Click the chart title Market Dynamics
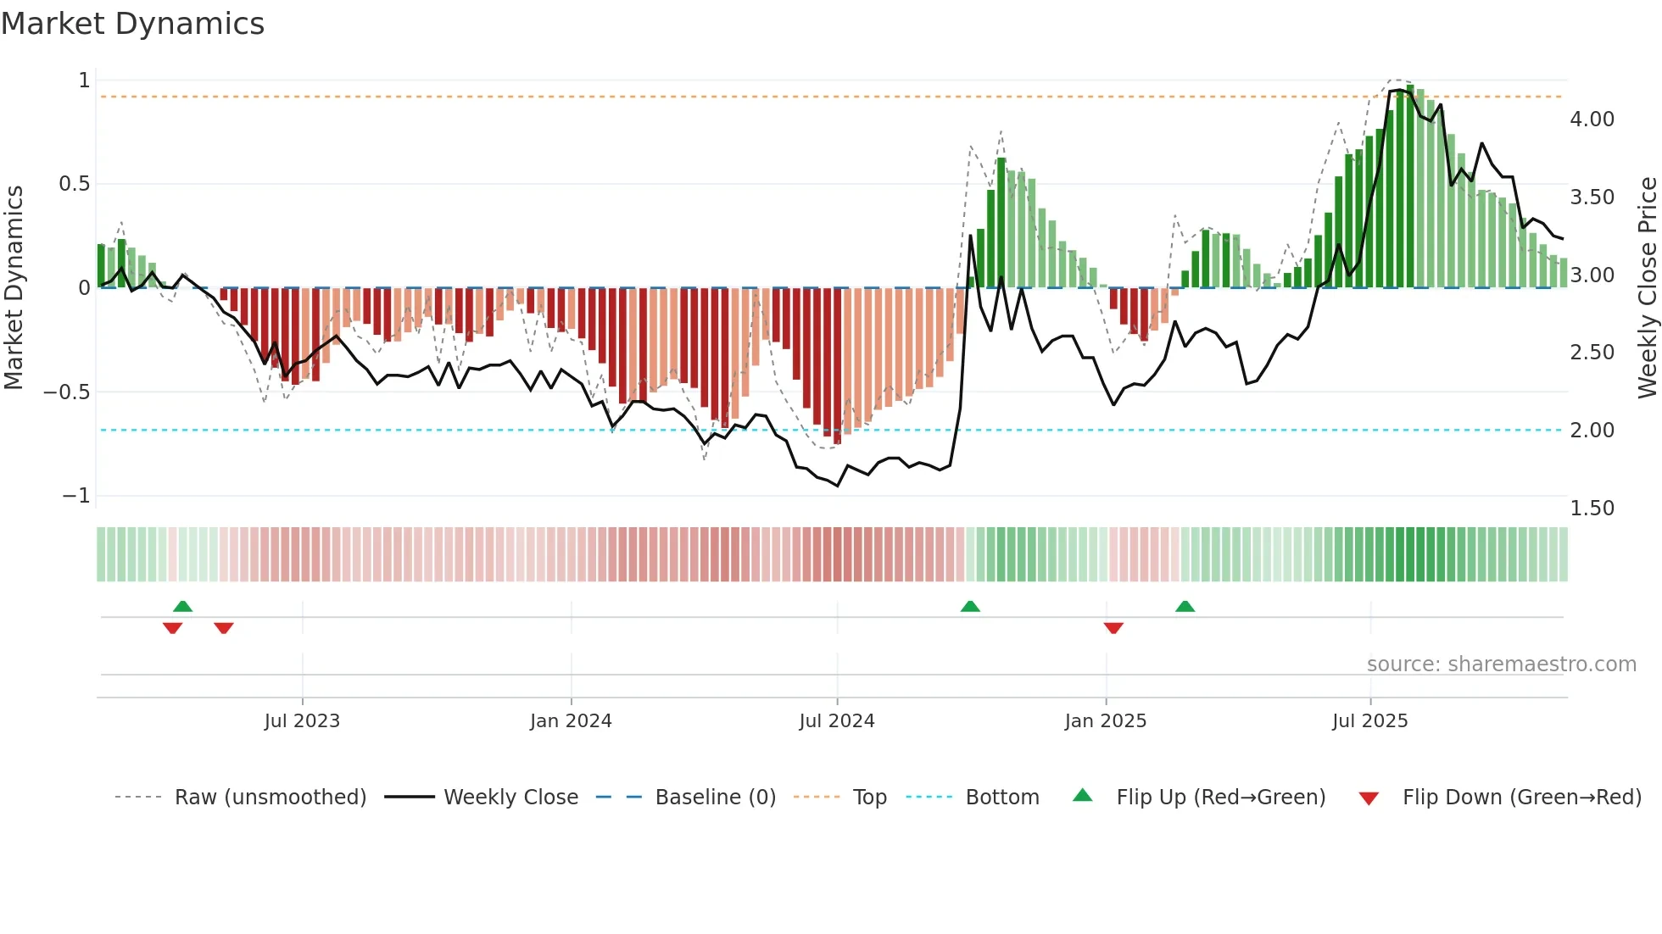[x=133, y=24]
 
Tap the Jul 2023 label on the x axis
[x=302, y=721]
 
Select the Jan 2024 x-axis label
[x=571, y=721]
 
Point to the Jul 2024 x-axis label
[x=837, y=721]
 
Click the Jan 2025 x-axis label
[x=1106, y=721]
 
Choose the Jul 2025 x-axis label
[x=1370, y=721]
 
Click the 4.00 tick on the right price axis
[x=1592, y=120]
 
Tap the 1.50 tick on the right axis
[x=1592, y=509]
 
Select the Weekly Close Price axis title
[x=1647, y=288]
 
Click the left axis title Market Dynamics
[x=14, y=288]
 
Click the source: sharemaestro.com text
[x=1501, y=664]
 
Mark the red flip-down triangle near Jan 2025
[x=1113, y=628]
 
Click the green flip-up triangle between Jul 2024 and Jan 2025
[x=970, y=607]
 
